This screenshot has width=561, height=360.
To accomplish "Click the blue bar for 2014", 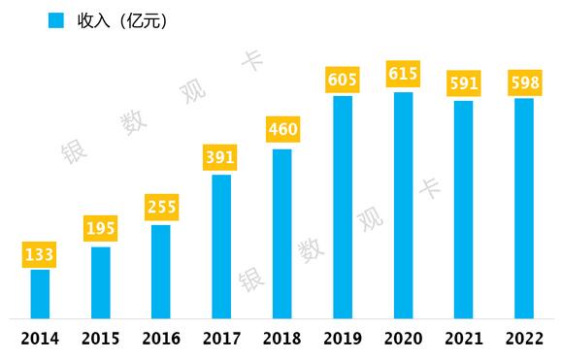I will click(40, 293).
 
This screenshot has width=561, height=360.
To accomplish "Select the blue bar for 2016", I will click(161, 271).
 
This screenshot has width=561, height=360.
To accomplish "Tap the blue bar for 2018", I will click(281, 233).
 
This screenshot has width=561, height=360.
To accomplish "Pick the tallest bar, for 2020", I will click(403, 205).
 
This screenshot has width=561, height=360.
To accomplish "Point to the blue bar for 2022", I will click(523, 208).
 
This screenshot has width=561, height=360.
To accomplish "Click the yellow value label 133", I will click(40, 255).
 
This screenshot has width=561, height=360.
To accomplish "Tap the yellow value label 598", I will click(523, 83).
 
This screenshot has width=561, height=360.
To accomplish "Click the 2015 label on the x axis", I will click(101, 339).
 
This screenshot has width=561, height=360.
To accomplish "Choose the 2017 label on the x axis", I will click(221, 339).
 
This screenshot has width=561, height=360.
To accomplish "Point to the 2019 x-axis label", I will click(343, 339).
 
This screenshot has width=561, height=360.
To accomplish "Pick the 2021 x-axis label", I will click(463, 339).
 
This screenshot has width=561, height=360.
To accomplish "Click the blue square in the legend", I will click(56, 20).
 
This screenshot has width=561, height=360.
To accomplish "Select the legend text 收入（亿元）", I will click(122, 20).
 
